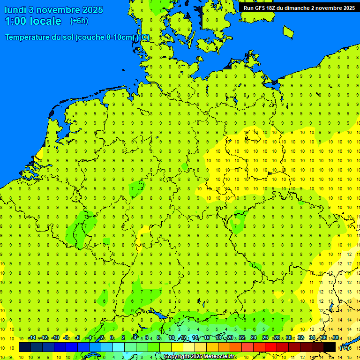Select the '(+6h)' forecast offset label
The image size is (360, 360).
pyautogui.click(x=79, y=21)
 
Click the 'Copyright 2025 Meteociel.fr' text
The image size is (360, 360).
pyautogui.click(x=199, y=357)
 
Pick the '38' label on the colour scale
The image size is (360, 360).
pyautogui.click(x=335, y=338)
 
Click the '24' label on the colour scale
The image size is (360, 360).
pyautogui.click(x=254, y=338)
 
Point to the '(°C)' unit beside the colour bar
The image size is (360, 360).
pyautogui.click(x=344, y=348)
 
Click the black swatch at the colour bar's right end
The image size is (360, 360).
pyautogui.click(x=330, y=347)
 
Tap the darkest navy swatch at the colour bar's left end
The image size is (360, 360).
pyautogui.click(x=25, y=347)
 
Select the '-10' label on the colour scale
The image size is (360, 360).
pyautogui.click(x=55, y=338)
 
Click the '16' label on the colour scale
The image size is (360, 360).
pyautogui.click(x=207, y=338)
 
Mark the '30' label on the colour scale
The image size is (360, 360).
pyautogui.click(x=288, y=338)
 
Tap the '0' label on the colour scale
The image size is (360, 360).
pyautogui.click(x=112, y=338)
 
